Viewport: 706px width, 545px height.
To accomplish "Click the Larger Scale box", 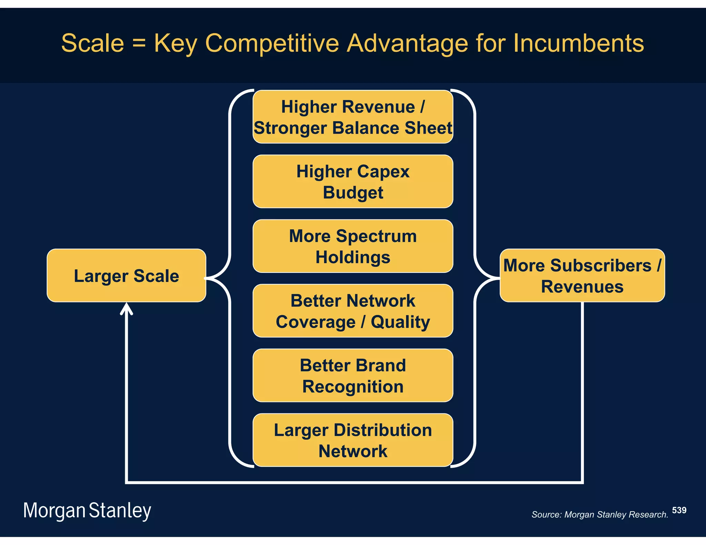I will pos(126,276).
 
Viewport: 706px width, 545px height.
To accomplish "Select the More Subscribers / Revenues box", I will pos(582,276).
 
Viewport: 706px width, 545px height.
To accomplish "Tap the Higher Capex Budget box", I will pos(353,182).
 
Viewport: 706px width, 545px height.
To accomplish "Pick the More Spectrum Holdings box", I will pos(353,246).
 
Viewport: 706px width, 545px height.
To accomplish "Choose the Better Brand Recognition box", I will pos(353,376).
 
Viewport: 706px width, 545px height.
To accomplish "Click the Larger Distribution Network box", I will pos(353,440).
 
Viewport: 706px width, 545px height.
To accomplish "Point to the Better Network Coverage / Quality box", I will pos(353,311).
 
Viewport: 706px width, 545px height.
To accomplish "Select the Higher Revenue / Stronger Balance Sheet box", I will pos(353,117).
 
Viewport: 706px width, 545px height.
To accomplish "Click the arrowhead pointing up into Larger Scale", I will pos(127,308).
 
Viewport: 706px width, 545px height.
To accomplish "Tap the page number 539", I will pos(679,510).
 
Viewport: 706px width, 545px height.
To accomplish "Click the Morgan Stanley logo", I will pos(87,511).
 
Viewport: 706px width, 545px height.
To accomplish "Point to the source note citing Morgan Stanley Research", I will pos(599,515).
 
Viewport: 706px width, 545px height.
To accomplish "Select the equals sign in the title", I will pos(139,44).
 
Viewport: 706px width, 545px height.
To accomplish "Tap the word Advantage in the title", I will pos(407,44).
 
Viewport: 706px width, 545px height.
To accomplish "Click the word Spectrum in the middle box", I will pos(376,236).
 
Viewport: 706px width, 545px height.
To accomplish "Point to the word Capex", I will pos(383,172).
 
